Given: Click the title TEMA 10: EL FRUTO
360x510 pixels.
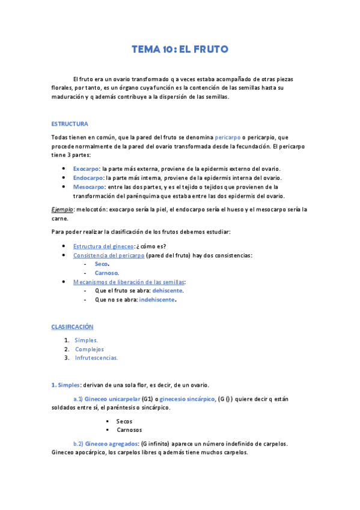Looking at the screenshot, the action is point(180,49).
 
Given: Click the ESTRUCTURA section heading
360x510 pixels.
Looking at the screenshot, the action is point(70,124).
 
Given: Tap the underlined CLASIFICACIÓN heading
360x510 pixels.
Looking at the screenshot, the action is point(72,326).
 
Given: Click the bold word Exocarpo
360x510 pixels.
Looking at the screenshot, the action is point(86,168).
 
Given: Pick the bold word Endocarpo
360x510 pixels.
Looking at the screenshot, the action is point(88,177).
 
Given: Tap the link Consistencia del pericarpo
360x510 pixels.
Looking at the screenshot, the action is point(109,255).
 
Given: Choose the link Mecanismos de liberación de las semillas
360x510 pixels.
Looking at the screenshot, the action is point(129,281).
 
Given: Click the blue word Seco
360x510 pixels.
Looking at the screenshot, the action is point(102,264).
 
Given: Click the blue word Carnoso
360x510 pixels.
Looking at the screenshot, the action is point(106,273).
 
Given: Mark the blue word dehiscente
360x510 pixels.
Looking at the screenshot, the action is point(167,290).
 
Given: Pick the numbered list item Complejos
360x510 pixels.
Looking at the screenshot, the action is point(90,349).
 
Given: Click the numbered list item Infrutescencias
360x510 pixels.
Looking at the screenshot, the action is point(97,358).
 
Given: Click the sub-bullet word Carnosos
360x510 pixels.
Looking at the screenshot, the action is point(129,430).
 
